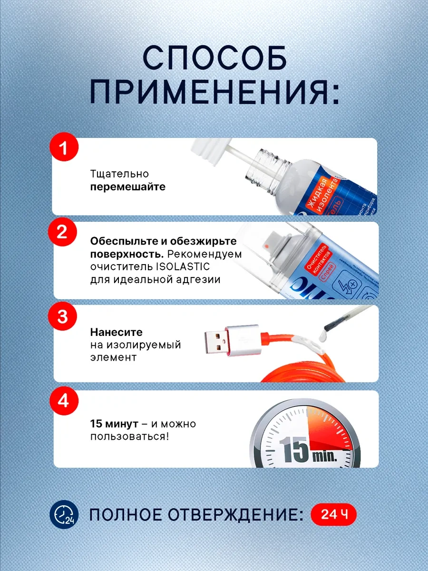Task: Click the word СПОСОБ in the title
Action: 214,59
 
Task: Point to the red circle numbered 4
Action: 63,401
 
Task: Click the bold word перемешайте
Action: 128,187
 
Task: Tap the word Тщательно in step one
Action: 119,174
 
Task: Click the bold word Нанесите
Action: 116,332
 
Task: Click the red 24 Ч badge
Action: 333,515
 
